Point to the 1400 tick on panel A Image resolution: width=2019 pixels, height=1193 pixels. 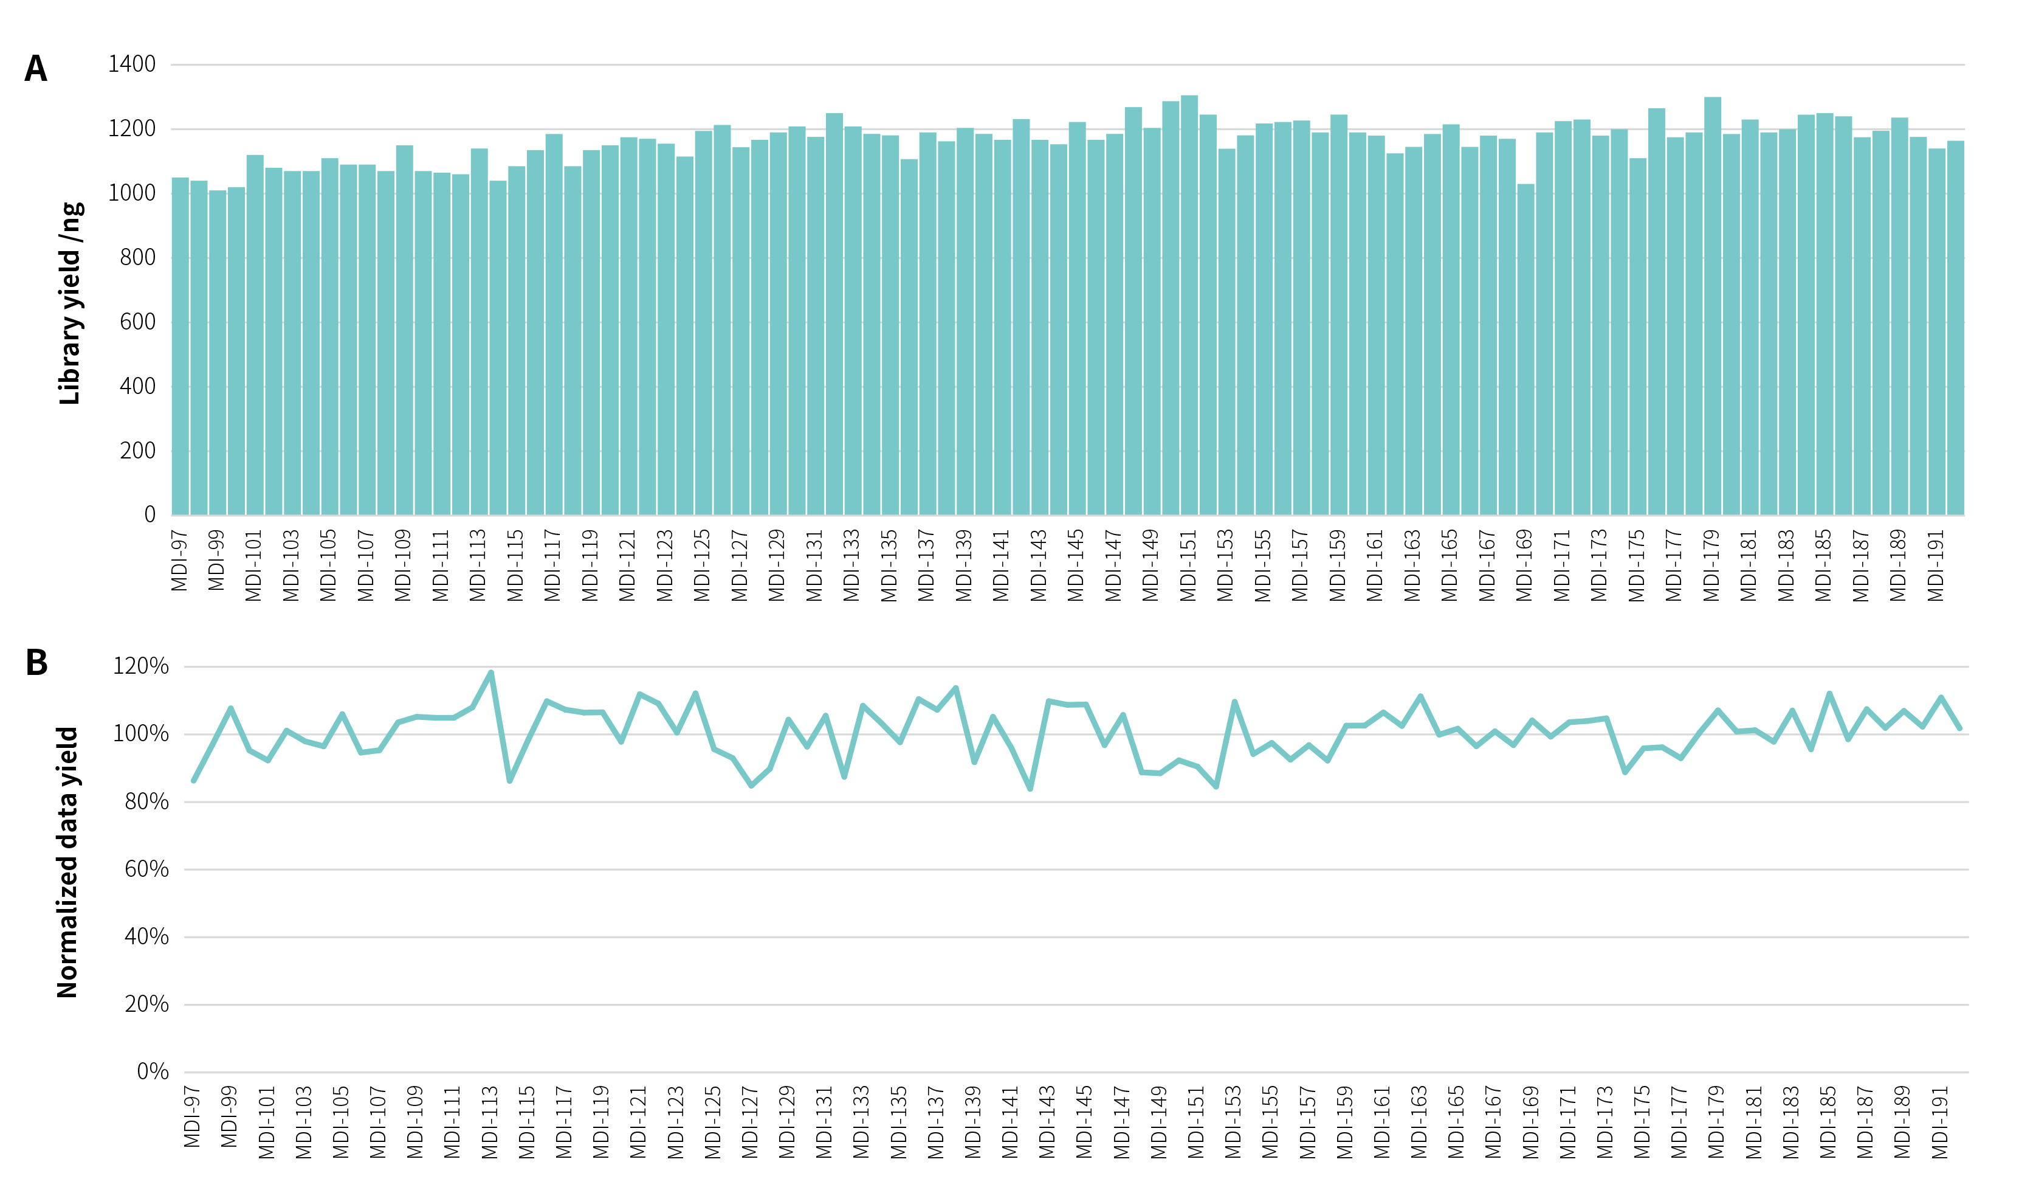pos(132,64)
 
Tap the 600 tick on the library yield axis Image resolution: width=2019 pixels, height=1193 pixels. pos(137,322)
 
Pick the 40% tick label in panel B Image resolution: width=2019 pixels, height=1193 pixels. pos(146,936)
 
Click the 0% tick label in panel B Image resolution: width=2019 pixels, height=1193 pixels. pos(153,1071)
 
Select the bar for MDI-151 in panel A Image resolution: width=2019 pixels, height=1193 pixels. pos(1189,305)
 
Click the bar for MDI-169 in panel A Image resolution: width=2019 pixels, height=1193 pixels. pos(1525,350)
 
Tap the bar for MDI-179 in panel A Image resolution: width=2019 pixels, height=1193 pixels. pos(1712,305)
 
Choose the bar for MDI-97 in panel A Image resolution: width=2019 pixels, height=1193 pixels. pos(180,346)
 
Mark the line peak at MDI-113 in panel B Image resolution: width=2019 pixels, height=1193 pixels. pos(491,673)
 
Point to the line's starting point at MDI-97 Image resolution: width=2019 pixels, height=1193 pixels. pos(194,780)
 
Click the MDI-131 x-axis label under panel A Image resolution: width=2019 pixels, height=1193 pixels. pos(814,565)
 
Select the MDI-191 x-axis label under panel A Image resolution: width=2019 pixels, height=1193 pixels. pos(1936,565)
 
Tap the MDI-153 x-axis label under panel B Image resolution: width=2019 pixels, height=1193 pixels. pos(1233,1122)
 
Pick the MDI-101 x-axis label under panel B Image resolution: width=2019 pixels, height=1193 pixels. pos(267,1122)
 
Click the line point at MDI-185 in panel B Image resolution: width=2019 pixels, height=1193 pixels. pos(1829,694)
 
